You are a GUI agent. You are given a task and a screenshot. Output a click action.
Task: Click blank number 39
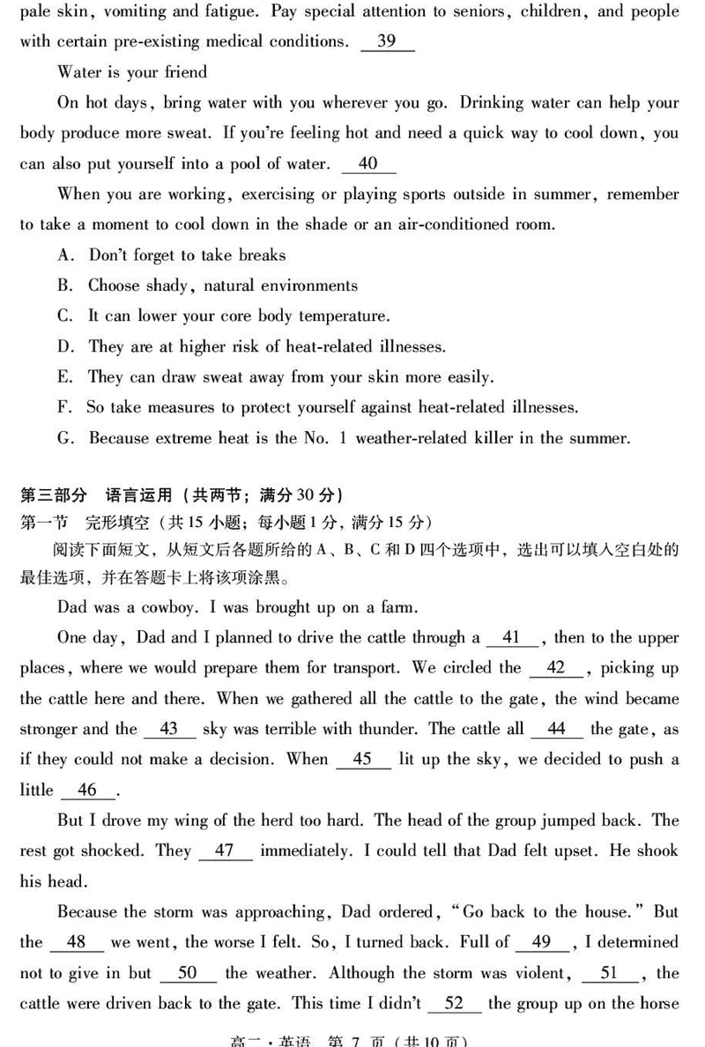tap(387, 42)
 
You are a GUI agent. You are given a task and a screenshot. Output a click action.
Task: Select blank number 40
tap(368, 164)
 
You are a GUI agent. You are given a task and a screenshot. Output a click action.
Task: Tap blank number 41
tap(511, 637)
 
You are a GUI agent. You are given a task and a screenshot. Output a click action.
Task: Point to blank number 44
tap(556, 729)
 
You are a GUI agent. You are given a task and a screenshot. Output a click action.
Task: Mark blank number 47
tap(225, 850)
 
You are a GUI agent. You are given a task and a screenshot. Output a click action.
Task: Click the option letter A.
tap(64, 256)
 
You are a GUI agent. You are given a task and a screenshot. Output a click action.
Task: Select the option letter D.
tap(64, 347)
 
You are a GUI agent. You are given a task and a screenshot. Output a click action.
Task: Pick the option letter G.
tap(64, 438)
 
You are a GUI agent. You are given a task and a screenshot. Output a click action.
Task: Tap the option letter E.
tap(64, 377)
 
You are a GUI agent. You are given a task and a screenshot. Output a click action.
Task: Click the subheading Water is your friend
tap(132, 72)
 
